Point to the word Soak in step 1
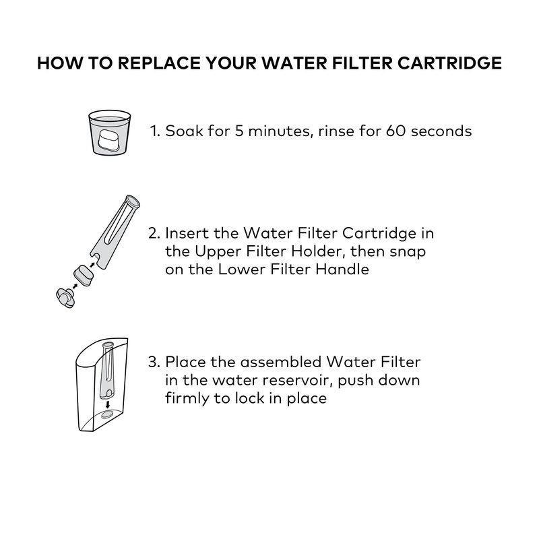184,131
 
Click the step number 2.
154,233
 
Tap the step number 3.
154,362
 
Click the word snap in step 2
408,252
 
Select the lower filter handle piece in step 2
65,298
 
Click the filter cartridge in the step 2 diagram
83,275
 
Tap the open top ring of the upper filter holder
133,201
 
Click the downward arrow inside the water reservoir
108,404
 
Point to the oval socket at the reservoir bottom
107,414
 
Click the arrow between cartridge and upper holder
92,265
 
